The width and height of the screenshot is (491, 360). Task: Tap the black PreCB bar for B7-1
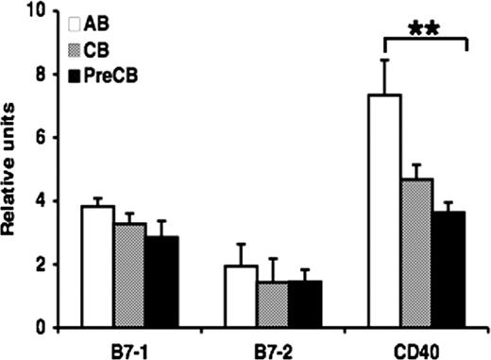tap(161, 283)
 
